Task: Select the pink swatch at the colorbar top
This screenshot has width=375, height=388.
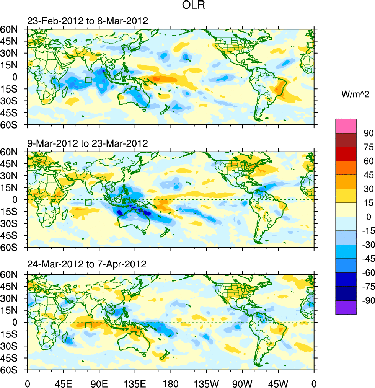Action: click(x=346, y=126)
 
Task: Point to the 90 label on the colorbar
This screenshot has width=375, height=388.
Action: click(x=368, y=133)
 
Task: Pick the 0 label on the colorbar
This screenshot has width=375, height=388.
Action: click(x=368, y=217)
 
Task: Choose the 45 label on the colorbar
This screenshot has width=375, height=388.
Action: click(x=368, y=175)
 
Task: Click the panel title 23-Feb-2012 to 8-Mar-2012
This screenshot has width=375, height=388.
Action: click(x=87, y=21)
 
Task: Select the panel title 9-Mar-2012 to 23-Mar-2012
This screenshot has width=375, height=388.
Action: click(x=87, y=144)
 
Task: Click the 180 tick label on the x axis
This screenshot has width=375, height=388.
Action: click(x=171, y=383)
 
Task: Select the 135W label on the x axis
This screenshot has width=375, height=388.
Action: click(x=206, y=383)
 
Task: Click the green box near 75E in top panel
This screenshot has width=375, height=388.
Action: click(x=88, y=80)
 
